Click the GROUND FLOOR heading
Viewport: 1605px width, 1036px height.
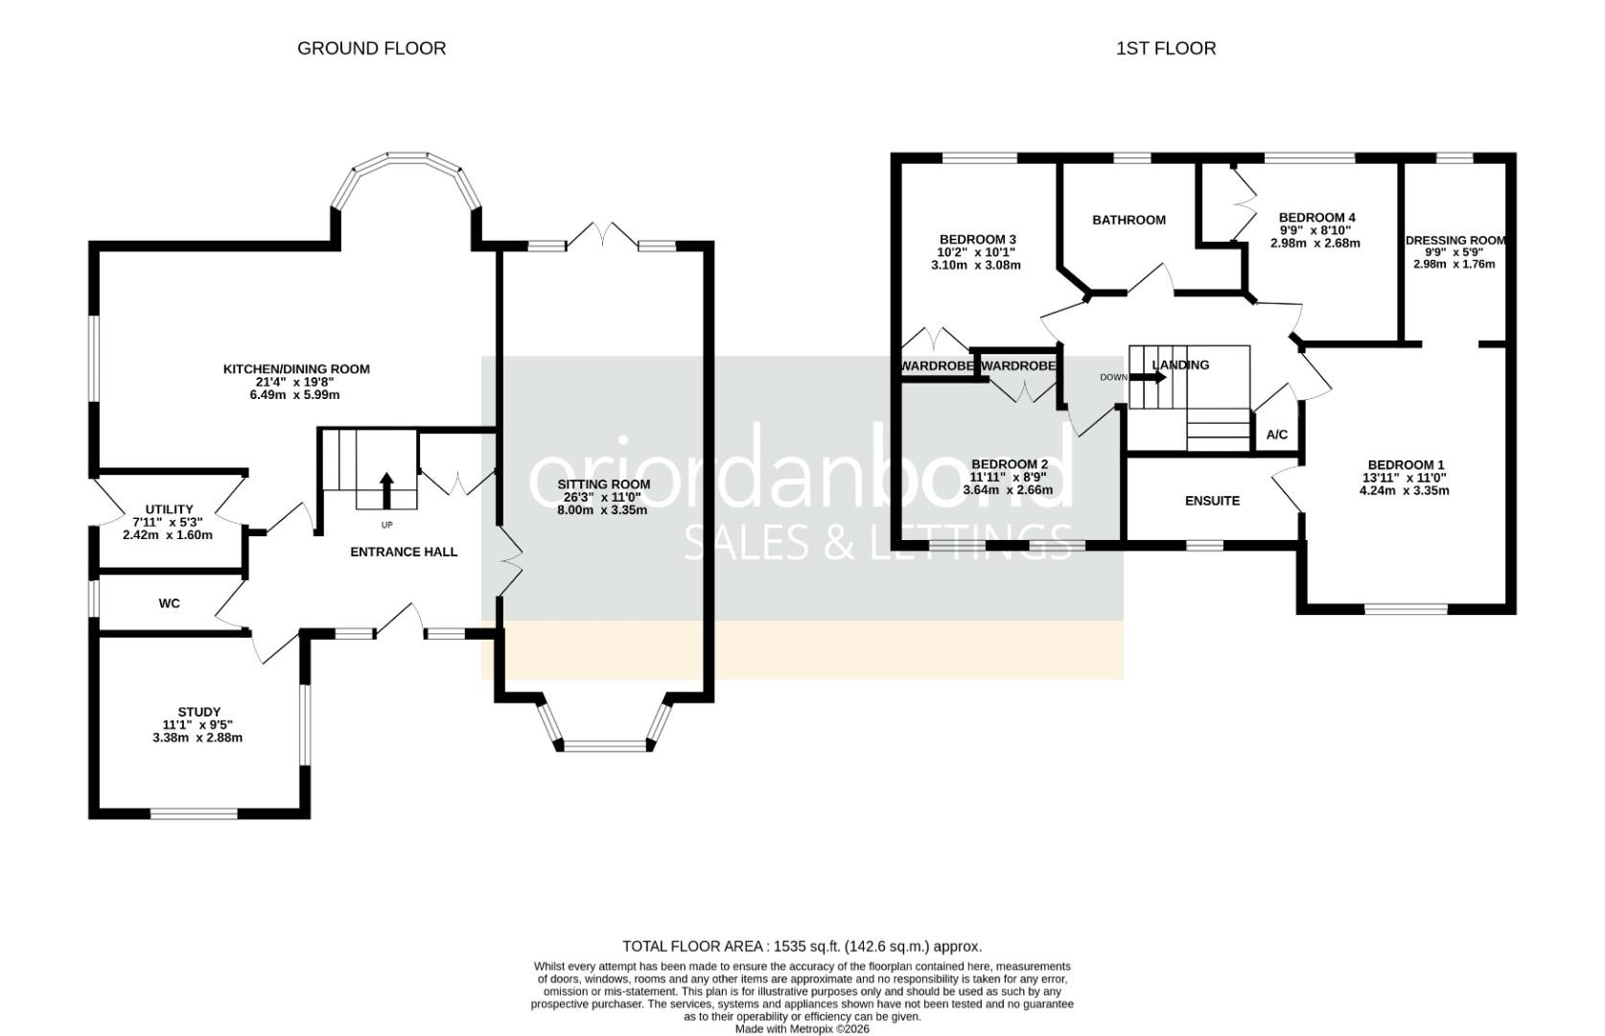pyautogui.click(x=371, y=48)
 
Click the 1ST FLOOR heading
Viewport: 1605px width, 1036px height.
pyautogui.click(x=1166, y=48)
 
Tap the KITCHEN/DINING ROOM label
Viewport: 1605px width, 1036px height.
pyautogui.click(x=296, y=369)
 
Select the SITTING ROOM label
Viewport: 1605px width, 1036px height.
pyautogui.click(x=604, y=484)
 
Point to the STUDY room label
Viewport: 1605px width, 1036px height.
pyautogui.click(x=199, y=712)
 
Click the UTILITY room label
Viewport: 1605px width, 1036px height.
pyautogui.click(x=169, y=509)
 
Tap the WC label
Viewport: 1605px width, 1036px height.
pyautogui.click(x=169, y=603)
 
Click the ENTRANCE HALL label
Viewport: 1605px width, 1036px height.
pyautogui.click(x=404, y=553)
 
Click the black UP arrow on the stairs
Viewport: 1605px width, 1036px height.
pyautogui.click(x=386, y=490)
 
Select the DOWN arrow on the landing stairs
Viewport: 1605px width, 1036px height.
pyautogui.click(x=1148, y=377)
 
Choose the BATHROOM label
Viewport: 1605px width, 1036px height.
pyautogui.click(x=1128, y=220)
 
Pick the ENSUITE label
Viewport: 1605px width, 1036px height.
pyautogui.click(x=1212, y=501)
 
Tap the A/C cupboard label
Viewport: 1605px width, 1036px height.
pyautogui.click(x=1277, y=435)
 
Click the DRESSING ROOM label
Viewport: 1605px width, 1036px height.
pyautogui.click(x=1455, y=240)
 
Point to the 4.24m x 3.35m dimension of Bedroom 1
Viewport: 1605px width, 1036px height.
pyautogui.click(x=1405, y=491)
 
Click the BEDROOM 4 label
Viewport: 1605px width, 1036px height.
pyautogui.click(x=1317, y=217)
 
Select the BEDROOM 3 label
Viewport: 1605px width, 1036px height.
pyautogui.click(x=977, y=240)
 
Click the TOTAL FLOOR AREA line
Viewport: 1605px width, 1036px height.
pyautogui.click(x=802, y=947)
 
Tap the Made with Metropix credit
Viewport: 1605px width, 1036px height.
pyautogui.click(x=802, y=1029)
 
